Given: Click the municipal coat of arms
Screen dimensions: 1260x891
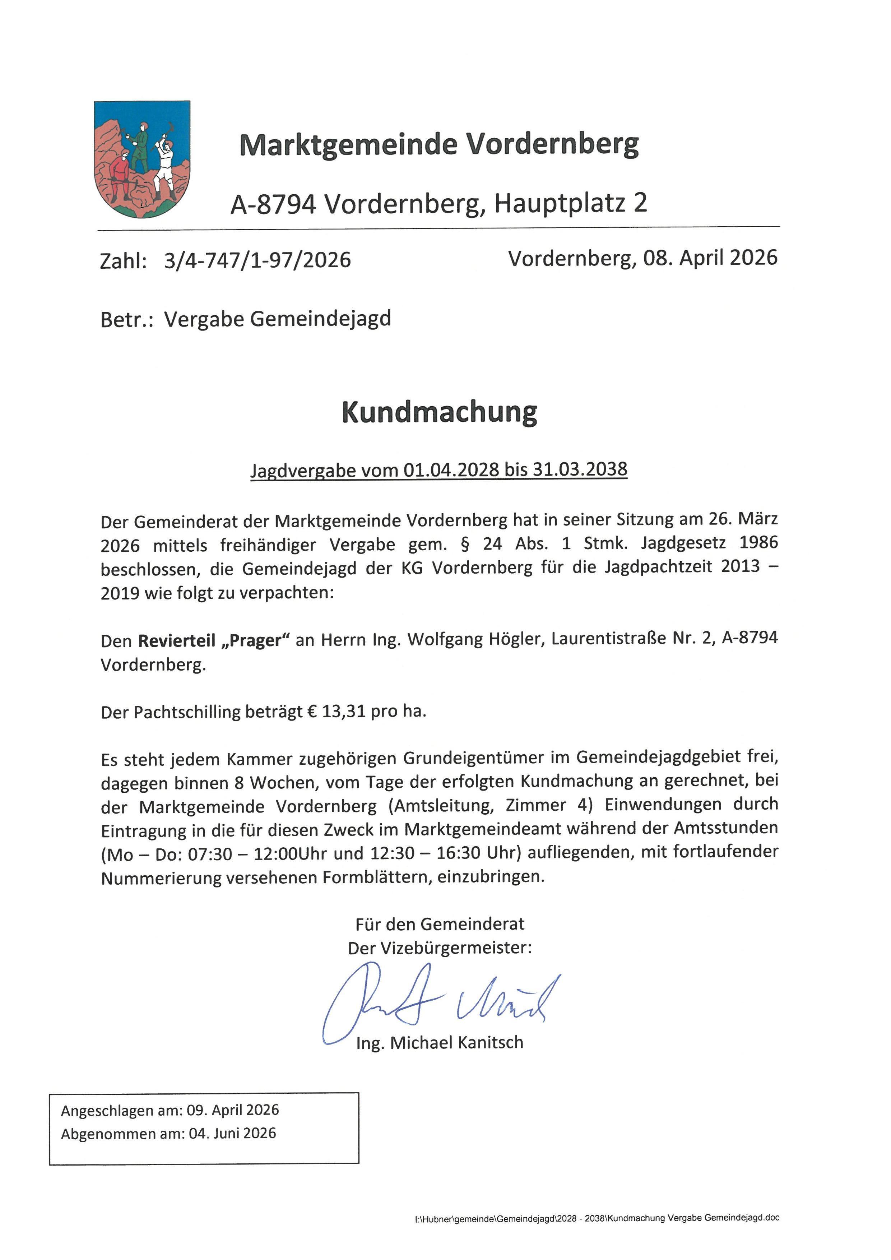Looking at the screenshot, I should [142, 159].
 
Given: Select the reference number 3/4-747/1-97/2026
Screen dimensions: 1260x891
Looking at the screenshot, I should [257, 260].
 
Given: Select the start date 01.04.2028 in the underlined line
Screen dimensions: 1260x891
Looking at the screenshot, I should [451, 470].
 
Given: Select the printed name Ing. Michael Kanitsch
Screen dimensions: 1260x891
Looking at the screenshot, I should [440, 1043].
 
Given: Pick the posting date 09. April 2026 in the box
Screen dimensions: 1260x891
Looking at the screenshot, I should [233, 1110].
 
